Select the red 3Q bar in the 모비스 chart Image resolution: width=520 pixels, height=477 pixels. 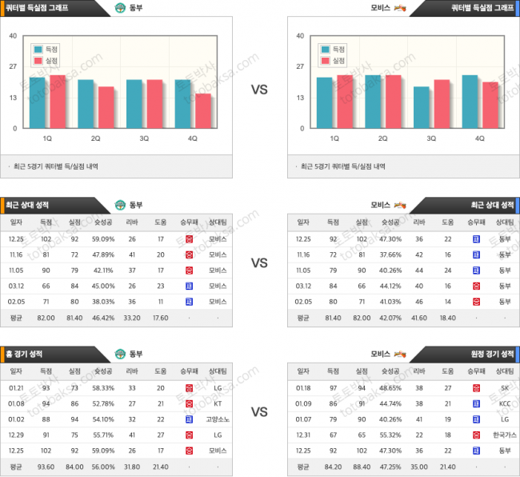pyautogui.click(x=441, y=103)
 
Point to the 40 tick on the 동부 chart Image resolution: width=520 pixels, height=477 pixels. pyautogui.click(x=13, y=36)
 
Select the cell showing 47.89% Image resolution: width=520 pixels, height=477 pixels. pyautogui.click(x=103, y=255)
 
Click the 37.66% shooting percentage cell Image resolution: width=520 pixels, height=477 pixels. pyautogui.click(x=390, y=255)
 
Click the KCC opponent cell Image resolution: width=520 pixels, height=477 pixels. pyautogui.click(x=505, y=403)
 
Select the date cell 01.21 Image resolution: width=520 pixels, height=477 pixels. pyautogui.click(x=16, y=388)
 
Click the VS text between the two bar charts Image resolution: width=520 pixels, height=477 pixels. pyautogui.click(x=259, y=90)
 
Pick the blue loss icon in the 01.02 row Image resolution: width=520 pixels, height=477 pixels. pyautogui.click(x=189, y=419)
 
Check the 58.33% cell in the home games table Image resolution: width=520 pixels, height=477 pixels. pyautogui.click(x=103, y=388)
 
